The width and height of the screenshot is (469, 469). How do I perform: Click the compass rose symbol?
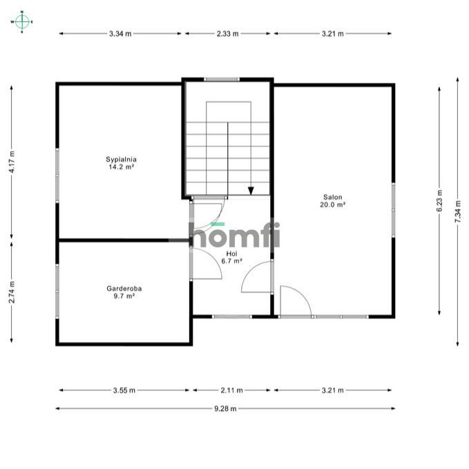[22, 22]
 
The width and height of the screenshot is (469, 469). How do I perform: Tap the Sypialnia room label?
[121, 160]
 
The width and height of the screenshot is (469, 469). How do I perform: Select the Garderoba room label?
[124, 289]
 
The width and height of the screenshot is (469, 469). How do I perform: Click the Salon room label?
[333, 197]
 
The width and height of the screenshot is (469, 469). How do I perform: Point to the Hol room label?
[231, 253]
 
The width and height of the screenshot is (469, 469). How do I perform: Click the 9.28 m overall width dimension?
[225, 409]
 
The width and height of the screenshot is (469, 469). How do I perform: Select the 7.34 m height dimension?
[458, 211]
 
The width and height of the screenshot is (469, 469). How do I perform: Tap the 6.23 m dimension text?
[439, 201]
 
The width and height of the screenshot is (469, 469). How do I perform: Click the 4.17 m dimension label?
[12, 162]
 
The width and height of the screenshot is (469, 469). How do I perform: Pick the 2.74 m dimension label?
[12, 292]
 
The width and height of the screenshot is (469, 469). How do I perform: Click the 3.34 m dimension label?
[120, 34]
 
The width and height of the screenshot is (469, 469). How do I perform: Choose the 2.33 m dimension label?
[228, 34]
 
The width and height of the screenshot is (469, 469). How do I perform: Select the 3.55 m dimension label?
[124, 390]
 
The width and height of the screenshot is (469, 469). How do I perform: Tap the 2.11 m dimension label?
[232, 390]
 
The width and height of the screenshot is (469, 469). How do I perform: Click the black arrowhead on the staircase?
[251, 191]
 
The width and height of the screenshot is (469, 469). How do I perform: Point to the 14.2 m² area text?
[121, 167]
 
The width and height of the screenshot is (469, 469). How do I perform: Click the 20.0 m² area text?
[333, 204]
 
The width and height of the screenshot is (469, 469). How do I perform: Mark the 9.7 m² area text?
[124, 296]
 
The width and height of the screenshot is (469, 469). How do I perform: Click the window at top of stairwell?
[222, 79]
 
